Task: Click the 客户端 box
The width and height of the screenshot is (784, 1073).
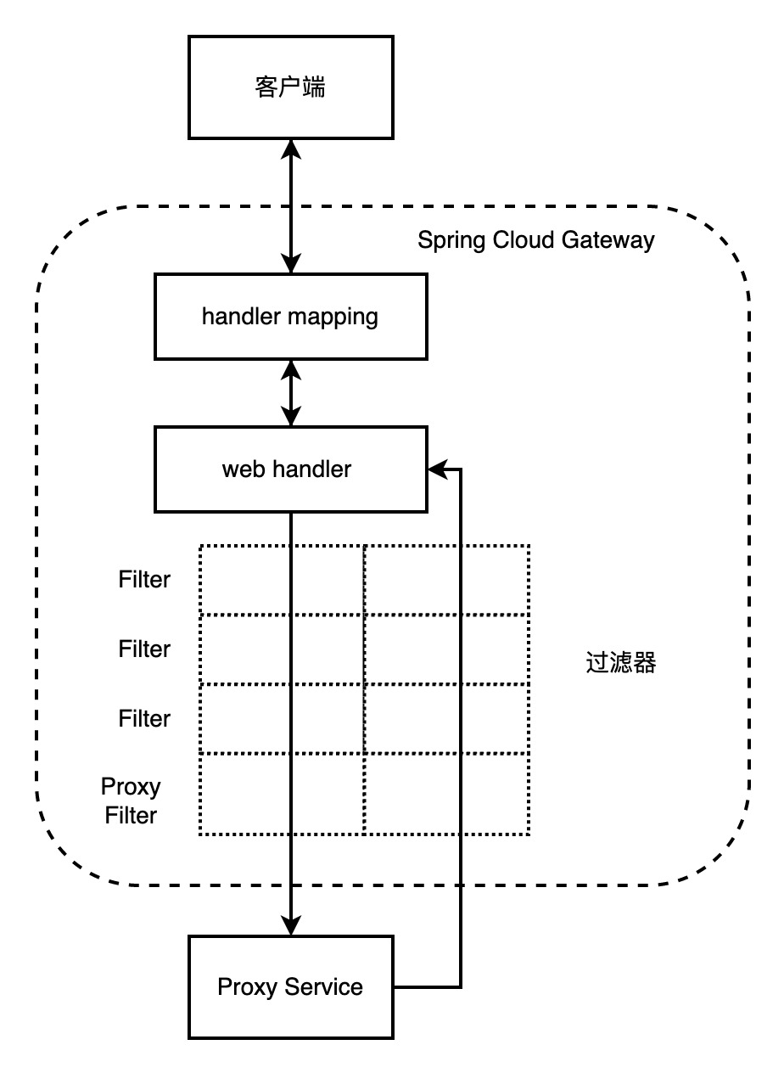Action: click(290, 87)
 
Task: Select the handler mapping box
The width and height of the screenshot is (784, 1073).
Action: click(290, 317)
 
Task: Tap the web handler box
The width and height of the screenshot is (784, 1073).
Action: click(290, 469)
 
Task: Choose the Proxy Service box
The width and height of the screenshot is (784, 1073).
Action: click(290, 986)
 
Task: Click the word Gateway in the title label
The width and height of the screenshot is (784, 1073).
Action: click(608, 240)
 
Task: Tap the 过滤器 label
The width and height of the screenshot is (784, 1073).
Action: click(621, 663)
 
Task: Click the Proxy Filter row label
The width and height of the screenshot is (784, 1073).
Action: click(131, 801)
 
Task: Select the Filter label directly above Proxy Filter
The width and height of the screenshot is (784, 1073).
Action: click(144, 718)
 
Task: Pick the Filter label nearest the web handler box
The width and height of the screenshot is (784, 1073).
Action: click(144, 580)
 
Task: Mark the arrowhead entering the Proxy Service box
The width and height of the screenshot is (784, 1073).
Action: click(291, 925)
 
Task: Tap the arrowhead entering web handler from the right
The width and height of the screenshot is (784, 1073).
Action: click(438, 469)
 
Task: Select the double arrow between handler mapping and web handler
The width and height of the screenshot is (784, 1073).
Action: click(291, 393)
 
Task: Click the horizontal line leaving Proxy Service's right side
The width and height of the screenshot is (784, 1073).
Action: click(427, 987)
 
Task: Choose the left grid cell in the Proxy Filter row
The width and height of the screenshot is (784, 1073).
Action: click(246, 794)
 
